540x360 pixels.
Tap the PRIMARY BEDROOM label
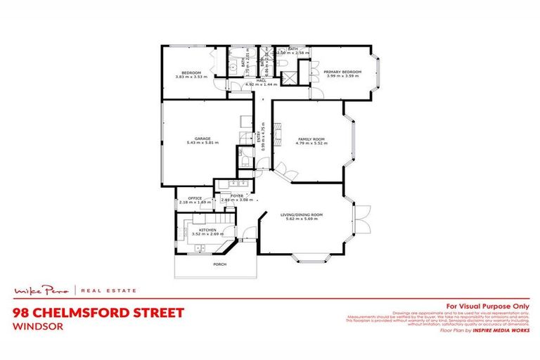click(x=342, y=71)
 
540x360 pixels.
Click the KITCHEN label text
click(x=207, y=230)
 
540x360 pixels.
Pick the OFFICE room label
click(x=195, y=198)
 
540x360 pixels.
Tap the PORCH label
click(x=219, y=265)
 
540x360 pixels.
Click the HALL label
click(x=261, y=80)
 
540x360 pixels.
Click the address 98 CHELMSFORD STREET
click(x=98, y=312)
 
